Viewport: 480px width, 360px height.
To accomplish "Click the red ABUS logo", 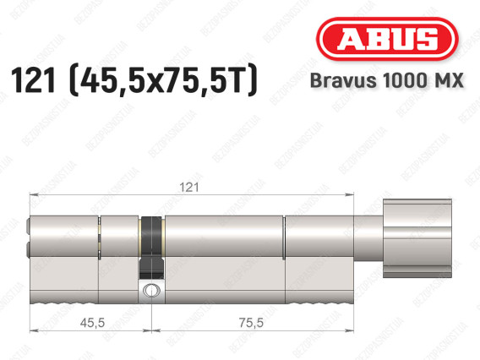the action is coord(387,39).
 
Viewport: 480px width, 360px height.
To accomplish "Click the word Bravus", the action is coord(343,80).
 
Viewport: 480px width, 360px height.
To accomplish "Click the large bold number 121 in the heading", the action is coord(33,79).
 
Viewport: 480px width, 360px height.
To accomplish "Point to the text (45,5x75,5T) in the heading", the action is coord(163,79).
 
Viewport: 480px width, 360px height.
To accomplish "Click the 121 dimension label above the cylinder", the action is coord(189,187).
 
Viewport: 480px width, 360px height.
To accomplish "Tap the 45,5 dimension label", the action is coord(92,322).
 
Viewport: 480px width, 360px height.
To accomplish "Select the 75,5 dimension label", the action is coord(251,322).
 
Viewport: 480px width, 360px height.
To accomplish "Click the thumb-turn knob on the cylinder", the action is coord(417,238).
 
